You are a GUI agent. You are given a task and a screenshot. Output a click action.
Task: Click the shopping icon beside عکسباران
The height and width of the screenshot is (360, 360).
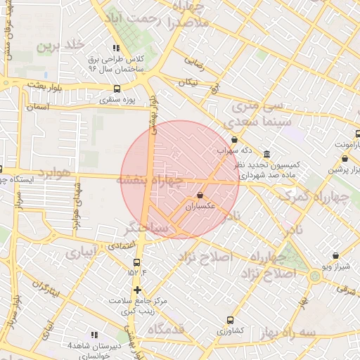click(x=200, y=195)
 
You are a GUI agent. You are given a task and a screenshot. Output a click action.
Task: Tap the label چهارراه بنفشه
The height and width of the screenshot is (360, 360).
click(x=150, y=181)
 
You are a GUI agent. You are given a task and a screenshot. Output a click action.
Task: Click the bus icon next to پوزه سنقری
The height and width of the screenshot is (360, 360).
click(x=116, y=89)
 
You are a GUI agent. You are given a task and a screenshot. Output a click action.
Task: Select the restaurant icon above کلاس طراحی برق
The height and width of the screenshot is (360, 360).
click(x=116, y=48)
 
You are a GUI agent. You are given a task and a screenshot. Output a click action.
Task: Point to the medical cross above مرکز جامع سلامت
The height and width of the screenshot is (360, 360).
click(x=137, y=290)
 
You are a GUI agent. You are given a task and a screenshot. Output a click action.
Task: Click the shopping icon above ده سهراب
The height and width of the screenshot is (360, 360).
click(x=234, y=140)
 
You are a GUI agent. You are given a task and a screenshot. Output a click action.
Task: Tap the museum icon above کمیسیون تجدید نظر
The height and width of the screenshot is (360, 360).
click(x=266, y=154)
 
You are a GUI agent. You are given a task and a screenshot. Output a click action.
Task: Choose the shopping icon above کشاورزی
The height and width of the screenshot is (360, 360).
click(x=230, y=319)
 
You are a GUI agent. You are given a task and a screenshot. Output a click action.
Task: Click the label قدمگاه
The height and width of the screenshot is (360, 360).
click(x=166, y=328)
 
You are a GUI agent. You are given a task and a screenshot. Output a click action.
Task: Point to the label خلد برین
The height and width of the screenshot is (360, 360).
click(x=55, y=46)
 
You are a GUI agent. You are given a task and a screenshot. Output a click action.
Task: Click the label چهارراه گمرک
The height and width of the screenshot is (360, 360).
click(x=314, y=196)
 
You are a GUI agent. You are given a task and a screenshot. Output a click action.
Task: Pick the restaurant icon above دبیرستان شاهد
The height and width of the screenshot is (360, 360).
click(x=94, y=335)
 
